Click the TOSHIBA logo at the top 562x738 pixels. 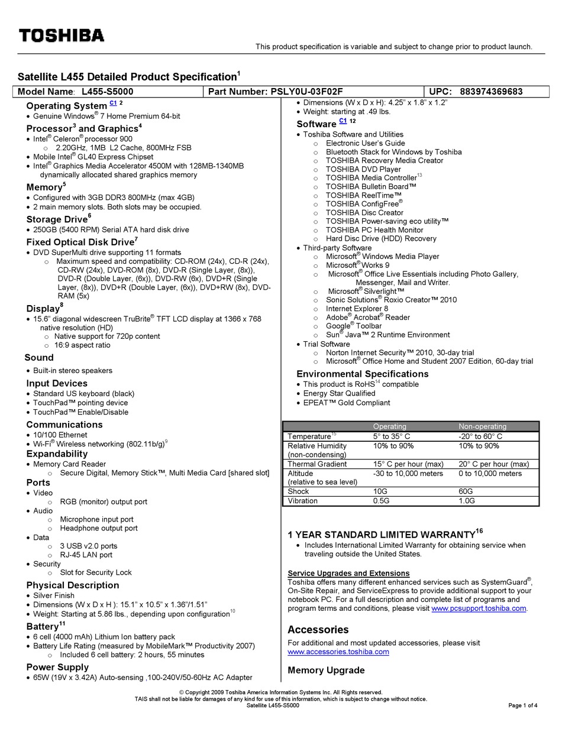[x=62, y=35]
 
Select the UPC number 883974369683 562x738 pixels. [x=491, y=92]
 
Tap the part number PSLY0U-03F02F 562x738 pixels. [x=306, y=92]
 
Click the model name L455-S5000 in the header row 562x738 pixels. [x=107, y=92]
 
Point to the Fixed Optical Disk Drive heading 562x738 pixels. [x=80, y=242]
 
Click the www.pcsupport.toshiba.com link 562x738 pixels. [x=479, y=608]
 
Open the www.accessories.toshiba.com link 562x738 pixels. [x=338, y=652]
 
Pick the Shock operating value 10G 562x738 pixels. [x=380, y=491]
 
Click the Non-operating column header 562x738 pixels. [x=482, y=426]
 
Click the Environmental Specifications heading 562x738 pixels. [x=362, y=374]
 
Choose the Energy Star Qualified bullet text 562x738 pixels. [x=339, y=393]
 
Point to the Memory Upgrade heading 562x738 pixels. [x=326, y=670]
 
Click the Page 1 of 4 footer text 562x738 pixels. [x=522, y=705]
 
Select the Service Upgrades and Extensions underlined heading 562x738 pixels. [x=348, y=573]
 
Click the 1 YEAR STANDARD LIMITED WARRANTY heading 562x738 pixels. [x=382, y=535]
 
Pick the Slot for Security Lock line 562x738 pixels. [x=96, y=572]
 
